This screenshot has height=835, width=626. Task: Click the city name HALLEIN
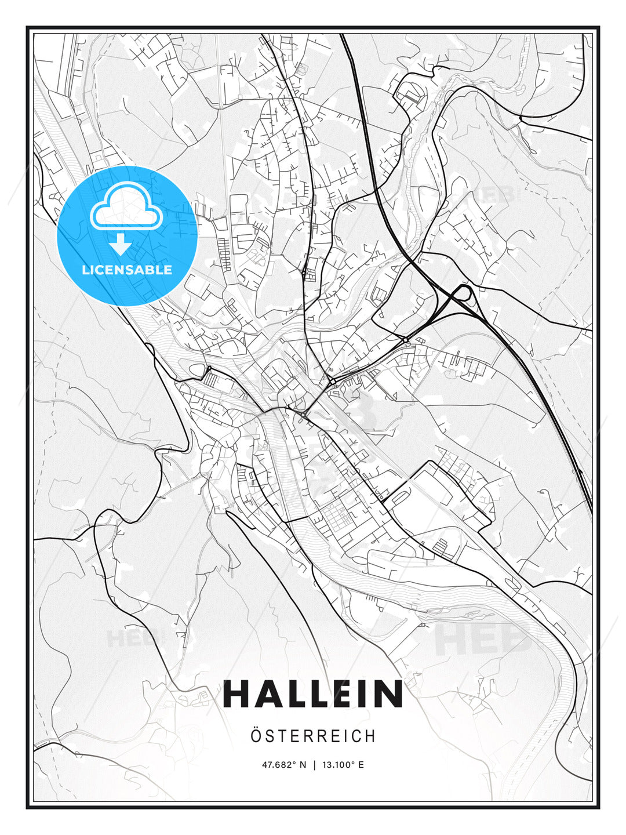(313, 694)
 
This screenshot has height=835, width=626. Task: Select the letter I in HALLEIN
(359, 694)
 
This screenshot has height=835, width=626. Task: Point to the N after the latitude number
(302, 765)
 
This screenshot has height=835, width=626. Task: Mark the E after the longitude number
(361, 765)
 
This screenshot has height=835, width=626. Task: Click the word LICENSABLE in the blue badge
(127, 270)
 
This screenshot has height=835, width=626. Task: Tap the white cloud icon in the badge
(126, 208)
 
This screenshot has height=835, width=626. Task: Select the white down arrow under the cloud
(121, 245)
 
